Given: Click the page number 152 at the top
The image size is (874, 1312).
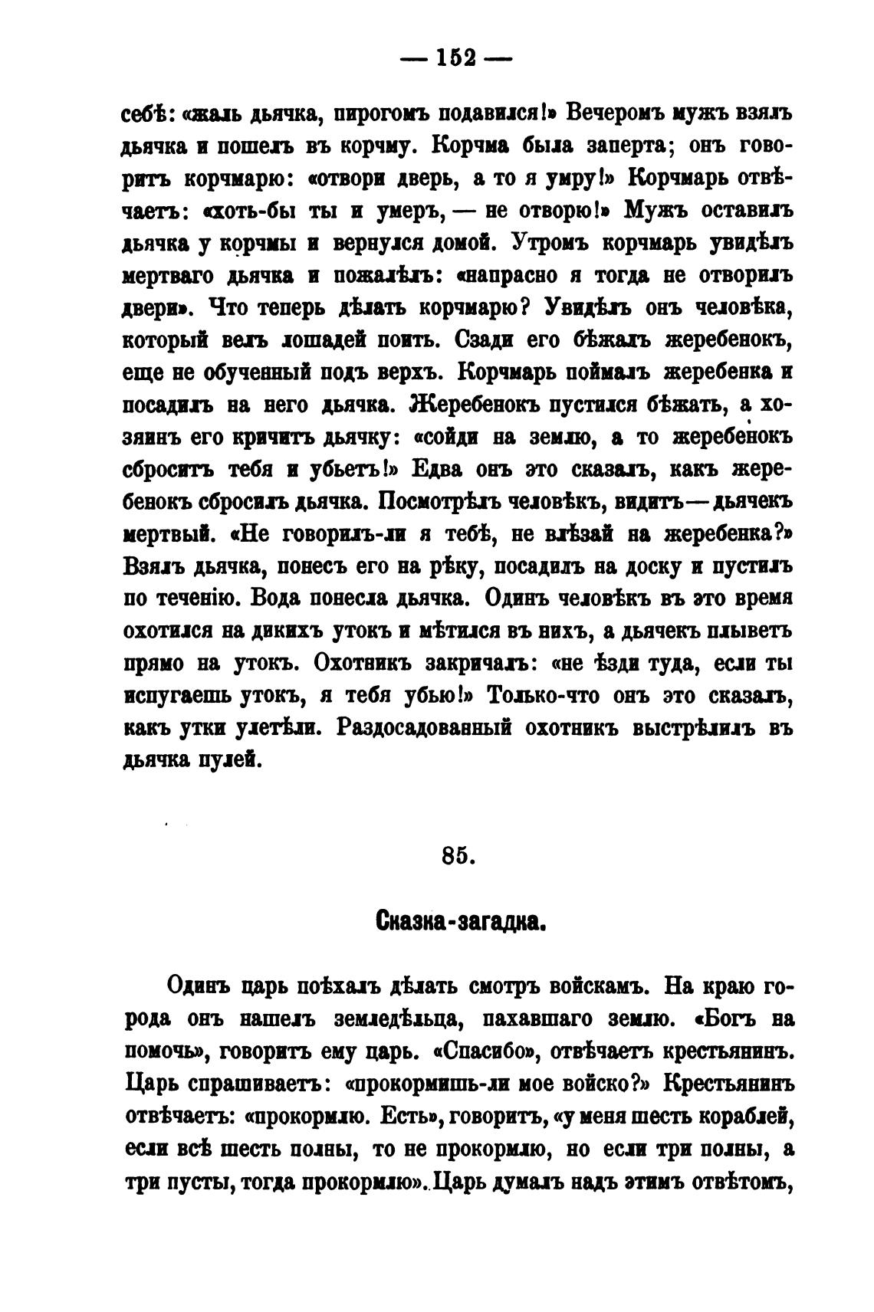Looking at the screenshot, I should [x=458, y=58].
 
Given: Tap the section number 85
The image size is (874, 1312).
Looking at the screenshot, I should [x=458, y=856].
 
